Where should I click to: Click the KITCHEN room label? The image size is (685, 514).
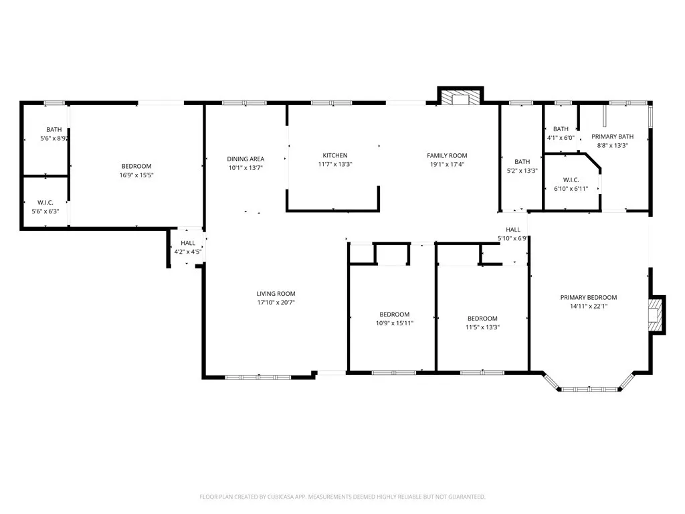pyautogui.click(x=334, y=155)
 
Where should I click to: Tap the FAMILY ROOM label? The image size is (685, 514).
pyautogui.click(x=447, y=155)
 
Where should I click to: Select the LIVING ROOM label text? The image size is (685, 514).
pyautogui.click(x=276, y=293)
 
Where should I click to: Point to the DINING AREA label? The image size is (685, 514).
pyautogui.click(x=245, y=159)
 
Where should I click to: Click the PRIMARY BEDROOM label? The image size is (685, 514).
pyautogui.click(x=588, y=297)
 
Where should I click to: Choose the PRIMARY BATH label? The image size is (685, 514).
pyautogui.click(x=612, y=136)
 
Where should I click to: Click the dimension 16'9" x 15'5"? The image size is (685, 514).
pyautogui.click(x=136, y=175)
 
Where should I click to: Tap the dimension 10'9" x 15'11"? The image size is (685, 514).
pyautogui.click(x=394, y=323)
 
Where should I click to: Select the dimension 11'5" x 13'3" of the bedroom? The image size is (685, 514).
pyautogui.click(x=482, y=327)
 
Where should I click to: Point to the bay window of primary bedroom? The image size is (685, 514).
pyautogui.click(x=589, y=388)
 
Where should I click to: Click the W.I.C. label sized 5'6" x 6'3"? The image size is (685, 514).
pyautogui.click(x=45, y=202)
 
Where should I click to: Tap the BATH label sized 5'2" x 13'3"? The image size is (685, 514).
pyautogui.click(x=522, y=161)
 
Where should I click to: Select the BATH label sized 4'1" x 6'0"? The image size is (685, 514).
pyautogui.click(x=560, y=128)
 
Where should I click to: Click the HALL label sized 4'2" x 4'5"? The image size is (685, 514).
pyautogui.click(x=188, y=243)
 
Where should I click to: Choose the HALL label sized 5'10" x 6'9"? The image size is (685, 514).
pyautogui.click(x=513, y=229)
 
